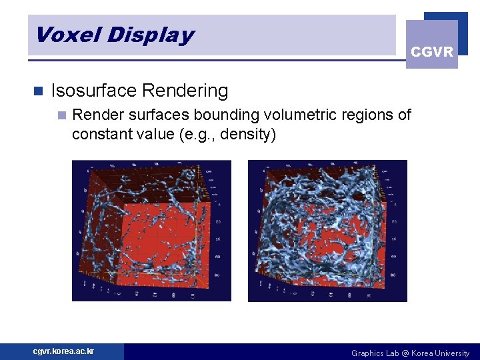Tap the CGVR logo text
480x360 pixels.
[x=432, y=52]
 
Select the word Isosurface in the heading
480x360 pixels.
[x=95, y=91]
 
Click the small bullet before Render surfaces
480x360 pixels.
[x=62, y=115]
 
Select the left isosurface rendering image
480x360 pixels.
[x=151, y=231]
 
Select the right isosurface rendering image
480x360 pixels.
[x=327, y=231]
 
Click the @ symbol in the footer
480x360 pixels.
[x=405, y=353]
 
